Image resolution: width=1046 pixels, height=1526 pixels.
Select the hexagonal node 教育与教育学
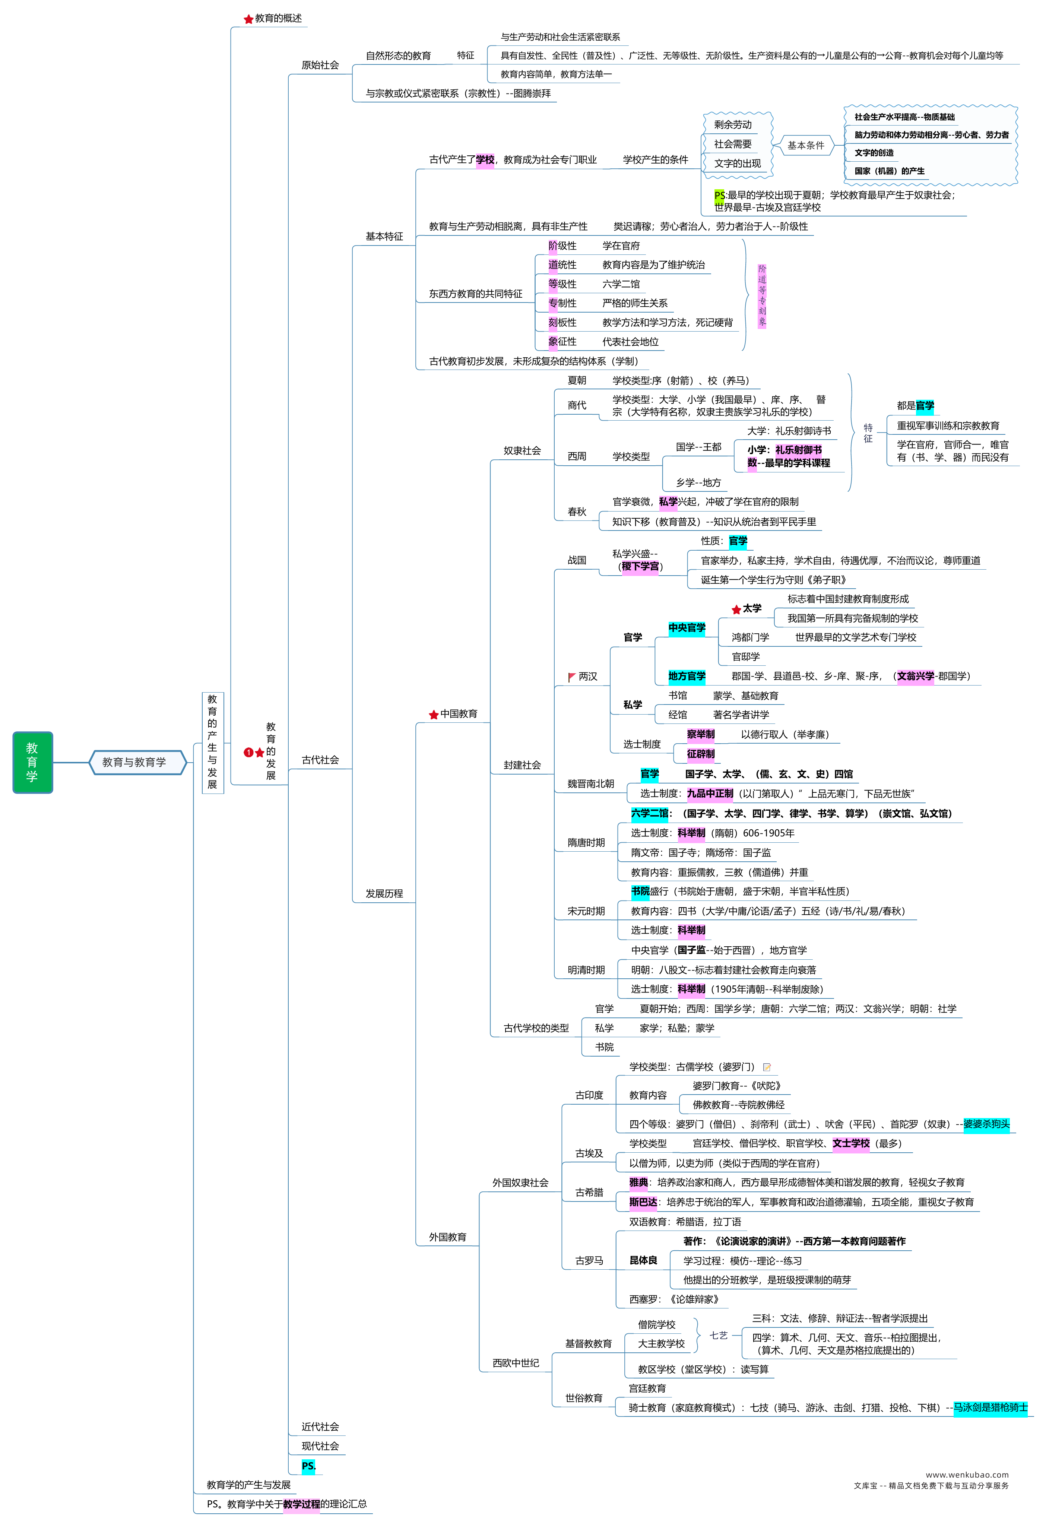[x=138, y=762]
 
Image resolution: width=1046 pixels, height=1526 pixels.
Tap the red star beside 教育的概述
[x=248, y=19]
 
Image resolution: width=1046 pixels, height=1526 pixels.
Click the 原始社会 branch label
[x=320, y=65]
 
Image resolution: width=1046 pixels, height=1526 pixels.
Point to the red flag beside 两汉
[x=572, y=676]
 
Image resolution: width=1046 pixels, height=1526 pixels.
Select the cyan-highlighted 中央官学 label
[x=687, y=628]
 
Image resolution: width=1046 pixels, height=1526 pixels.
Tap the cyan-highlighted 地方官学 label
[x=687, y=676]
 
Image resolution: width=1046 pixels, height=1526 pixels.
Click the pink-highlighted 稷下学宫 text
[x=640, y=566]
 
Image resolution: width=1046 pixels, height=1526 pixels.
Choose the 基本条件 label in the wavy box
[x=806, y=145]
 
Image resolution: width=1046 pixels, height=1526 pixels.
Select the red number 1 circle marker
[x=248, y=753]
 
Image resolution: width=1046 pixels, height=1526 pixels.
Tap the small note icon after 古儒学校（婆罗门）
[x=767, y=1067]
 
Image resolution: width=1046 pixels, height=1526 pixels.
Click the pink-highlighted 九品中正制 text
[x=710, y=793]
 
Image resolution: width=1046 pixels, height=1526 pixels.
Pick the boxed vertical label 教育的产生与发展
[x=212, y=743]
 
